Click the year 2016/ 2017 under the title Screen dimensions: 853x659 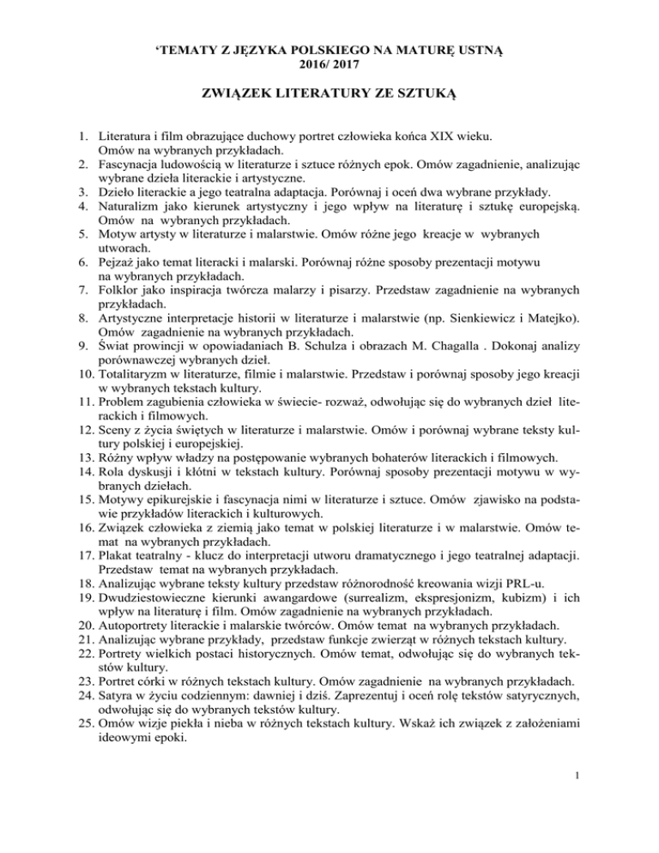[329, 64]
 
